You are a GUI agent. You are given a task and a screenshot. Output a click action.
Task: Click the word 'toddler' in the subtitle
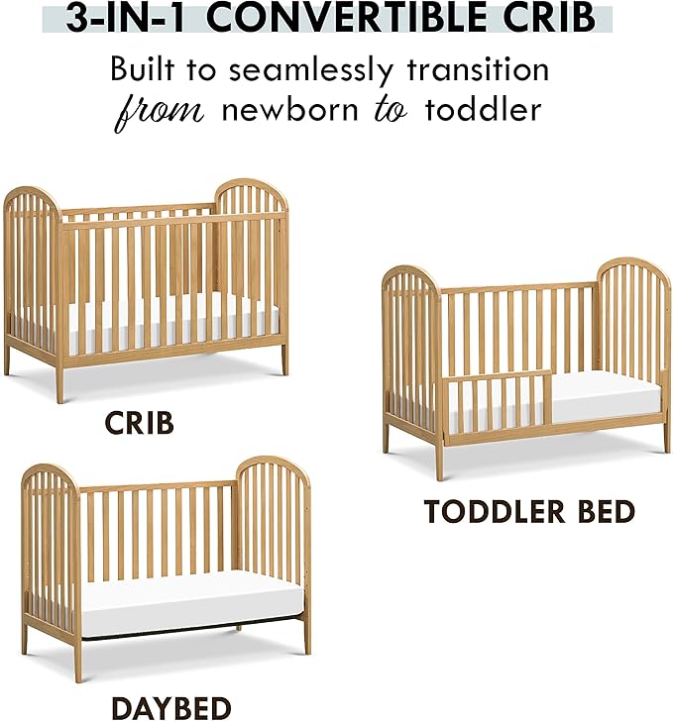pyautogui.click(x=484, y=108)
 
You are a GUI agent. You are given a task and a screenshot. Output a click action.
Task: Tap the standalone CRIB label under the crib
pyautogui.click(x=140, y=423)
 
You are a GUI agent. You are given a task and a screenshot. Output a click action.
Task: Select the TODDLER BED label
pyautogui.click(x=529, y=511)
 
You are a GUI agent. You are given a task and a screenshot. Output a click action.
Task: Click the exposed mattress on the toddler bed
pyautogui.click(x=605, y=394)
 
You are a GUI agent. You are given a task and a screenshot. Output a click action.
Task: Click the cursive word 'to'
pyautogui.click(x=389, y=110)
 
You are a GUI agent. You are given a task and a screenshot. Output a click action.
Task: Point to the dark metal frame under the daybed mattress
pyautogui.click(x=188, y=633)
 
